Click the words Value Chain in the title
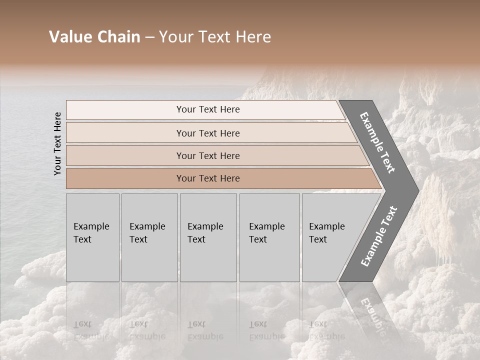pos(94,37)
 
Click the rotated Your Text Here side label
pos(57,143)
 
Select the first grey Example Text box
pos(92,237)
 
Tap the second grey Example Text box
pos(149,237)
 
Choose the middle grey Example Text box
pos(208,237)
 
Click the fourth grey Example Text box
pos(269,237)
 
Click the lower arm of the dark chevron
pos(377,237)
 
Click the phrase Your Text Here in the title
pos(215,37)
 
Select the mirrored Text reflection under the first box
pos(82,324)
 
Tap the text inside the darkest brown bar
pos(208,178)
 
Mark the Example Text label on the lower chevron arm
pos(379,236)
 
